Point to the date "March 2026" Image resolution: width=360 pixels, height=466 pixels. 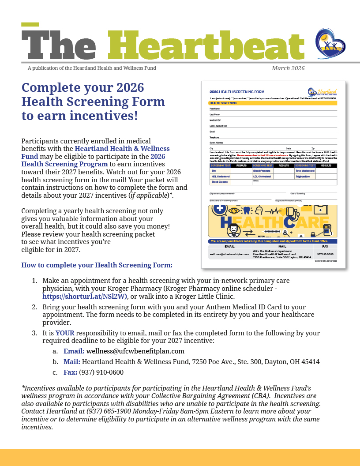[x=288, y=68]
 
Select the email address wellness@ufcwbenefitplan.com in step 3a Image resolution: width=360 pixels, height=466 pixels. [x=135, y=351]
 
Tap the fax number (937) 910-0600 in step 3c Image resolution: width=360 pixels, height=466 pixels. [x=101, y=372]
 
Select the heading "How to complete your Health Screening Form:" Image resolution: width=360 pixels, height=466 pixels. [x=97, y=265]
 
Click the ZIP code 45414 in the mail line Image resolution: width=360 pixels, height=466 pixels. [x=310, y=362]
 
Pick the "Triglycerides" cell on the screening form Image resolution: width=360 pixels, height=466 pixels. [x=304, y=176]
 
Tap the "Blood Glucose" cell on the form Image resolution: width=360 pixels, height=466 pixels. [x=219, y=182]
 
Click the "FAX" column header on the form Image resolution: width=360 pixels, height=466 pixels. [x=325, y=246]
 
